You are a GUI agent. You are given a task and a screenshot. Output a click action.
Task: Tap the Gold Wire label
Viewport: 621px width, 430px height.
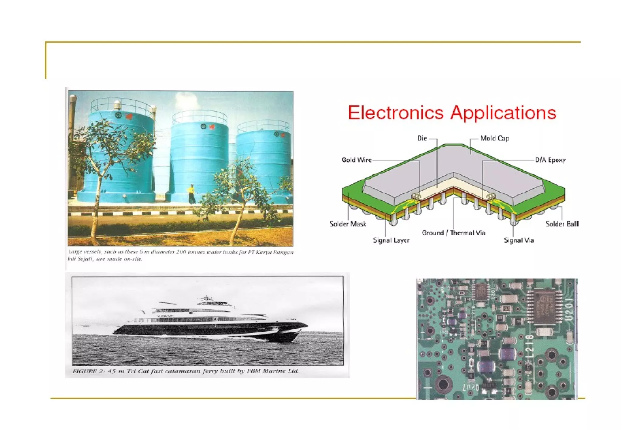tap(357, 160)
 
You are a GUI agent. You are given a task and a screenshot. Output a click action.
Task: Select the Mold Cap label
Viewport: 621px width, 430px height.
tap(495, 138)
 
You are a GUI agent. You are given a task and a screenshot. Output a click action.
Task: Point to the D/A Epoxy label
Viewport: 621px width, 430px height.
tap(550, 160)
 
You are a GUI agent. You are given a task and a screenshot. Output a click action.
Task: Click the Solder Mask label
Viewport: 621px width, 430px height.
tap(348, 224)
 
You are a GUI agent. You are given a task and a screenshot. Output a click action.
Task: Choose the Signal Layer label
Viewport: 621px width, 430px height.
tap(391, 240)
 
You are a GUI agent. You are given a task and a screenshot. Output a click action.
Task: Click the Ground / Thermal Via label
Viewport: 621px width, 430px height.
tap(453, 233)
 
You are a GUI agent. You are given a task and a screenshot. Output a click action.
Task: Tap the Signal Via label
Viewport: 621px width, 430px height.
tap(519, 240)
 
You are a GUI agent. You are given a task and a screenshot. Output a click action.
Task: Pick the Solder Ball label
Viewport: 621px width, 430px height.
tap(562, 224)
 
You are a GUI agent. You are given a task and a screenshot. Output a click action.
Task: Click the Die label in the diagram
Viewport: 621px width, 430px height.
tap(422, 138)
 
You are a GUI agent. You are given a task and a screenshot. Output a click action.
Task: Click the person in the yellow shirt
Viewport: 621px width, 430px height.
tap(191, 193)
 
